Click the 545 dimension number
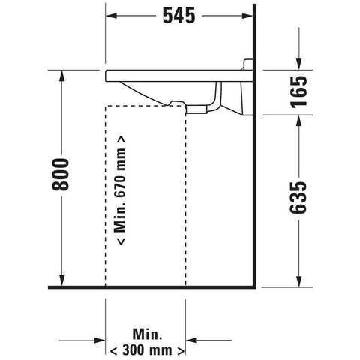pyautogui.click(x=178, y=16)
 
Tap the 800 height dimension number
pyautogui.click(x=60, y=174)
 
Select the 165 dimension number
pyautogui.click(x=298, y=91)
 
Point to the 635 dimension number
pyautogui.click(x=298, y=198)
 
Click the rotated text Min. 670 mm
pyautogui.click(x=121, y=190)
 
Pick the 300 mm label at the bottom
pyautogui.click(x=147, y=350)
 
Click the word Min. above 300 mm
pyautogui.click(x=147, y=334)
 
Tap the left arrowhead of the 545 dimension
pyautogui.click(x=111, y=16)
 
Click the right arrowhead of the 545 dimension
pyautogui.click(x=247, y=16)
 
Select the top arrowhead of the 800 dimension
pyautogui.click(x=62, y=76)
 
